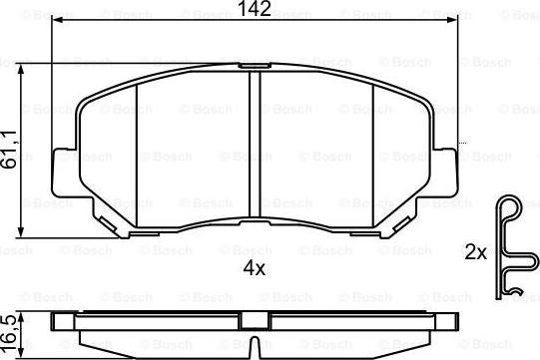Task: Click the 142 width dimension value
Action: (x=255, y=8)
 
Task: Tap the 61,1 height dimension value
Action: (x=10, y=149)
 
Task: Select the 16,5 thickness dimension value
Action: (x=10, y=332)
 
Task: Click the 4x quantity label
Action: (x=255, y=267)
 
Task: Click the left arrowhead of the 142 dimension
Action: (x=56, y=20)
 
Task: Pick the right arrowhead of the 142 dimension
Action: (x=452, y=20)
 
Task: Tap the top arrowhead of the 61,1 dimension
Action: (x=21, y=69)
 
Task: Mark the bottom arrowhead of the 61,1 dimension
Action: (x=21, y=231)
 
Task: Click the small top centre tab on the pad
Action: (x=255, y=66)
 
